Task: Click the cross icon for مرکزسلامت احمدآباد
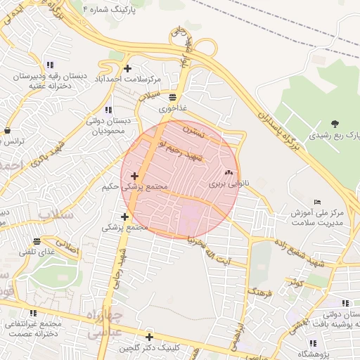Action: [x=127, y=68]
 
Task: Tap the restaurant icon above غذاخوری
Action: [x=172, y=98]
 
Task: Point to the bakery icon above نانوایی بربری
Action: [x=228, y=173]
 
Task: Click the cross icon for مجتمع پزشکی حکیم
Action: [x=134, y=176]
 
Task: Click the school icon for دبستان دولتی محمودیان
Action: [x=108, y=110]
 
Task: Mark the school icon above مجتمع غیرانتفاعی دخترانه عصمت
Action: [x=33, y=313]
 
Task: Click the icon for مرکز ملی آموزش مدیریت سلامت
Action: [x=316, y=202]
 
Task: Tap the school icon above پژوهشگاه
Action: [x=313, y=343]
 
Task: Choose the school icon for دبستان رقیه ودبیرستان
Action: [x=49, y=65]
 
